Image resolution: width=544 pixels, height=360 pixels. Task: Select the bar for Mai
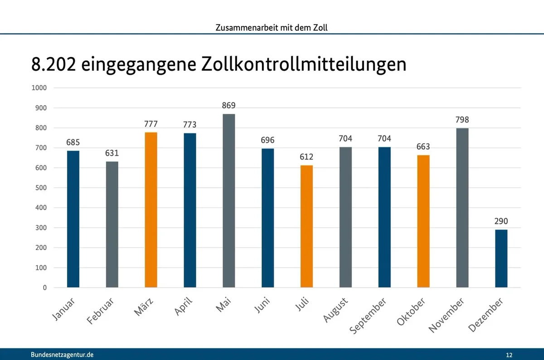[x=229, y=200]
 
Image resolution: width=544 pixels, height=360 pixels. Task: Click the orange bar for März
[x=151, y=210]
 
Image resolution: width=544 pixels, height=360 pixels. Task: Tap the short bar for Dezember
[x=501, y=258]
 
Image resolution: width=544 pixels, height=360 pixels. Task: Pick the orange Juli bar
[x=306, y=226]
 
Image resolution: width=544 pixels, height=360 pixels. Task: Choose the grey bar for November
[x=462, y=208]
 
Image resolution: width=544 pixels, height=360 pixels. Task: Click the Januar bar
[x=73, y=219]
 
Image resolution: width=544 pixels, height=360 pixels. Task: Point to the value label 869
[x=229, y=106]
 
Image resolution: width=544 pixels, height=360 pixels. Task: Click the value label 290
[x=501, y=222]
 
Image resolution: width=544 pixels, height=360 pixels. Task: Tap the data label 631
[x=112, y=153]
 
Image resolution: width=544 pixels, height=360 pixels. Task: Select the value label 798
[x=462, y=120]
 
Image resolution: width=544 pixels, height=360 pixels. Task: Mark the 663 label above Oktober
[x=423, y=147]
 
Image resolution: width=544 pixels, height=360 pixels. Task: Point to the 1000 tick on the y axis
[x=39, y=88]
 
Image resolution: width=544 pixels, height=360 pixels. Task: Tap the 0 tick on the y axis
[x=45, y=287]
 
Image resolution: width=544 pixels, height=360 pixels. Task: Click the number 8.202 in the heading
[x=53, y=64]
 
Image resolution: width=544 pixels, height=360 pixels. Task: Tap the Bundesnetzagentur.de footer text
[x=62, y=355]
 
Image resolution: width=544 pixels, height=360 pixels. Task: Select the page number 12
[x=510, y=355]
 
